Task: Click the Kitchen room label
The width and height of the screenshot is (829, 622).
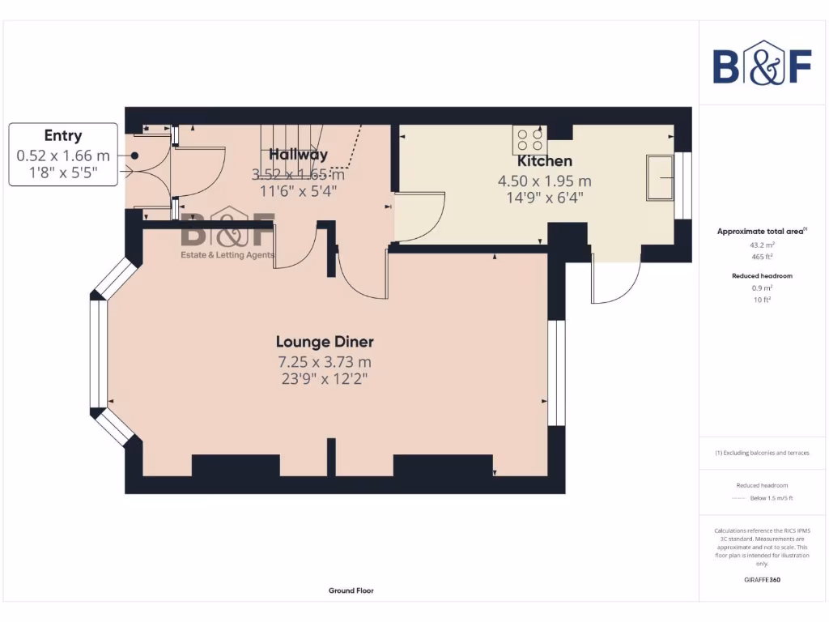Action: point(544,161)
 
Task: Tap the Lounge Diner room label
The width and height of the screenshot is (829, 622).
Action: point(325,342)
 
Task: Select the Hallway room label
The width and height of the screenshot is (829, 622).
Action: point(298,154)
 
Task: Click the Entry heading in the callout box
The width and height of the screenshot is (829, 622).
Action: point(62,135)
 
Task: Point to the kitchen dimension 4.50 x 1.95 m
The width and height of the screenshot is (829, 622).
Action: point(544,181)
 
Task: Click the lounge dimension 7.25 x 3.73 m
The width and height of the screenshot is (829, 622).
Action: point(325,362)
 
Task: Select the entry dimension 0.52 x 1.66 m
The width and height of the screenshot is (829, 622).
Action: point(63,154)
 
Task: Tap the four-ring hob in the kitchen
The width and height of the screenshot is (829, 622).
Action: point(529,141)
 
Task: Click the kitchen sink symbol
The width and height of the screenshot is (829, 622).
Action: point(661,176)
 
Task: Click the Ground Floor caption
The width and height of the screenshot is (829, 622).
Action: point(351,590)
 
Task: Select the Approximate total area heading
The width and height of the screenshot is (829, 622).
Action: point(761,232)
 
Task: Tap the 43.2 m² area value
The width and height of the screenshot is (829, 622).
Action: point(762,244)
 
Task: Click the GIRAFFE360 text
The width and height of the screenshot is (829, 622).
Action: point(762,580)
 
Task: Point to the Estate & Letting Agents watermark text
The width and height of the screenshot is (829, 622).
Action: point(227,255)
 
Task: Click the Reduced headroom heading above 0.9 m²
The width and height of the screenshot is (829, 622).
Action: point(762,275)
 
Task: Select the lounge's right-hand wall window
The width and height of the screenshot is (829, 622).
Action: point(555,373)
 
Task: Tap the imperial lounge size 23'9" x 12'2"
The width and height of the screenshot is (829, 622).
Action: point(325,378)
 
